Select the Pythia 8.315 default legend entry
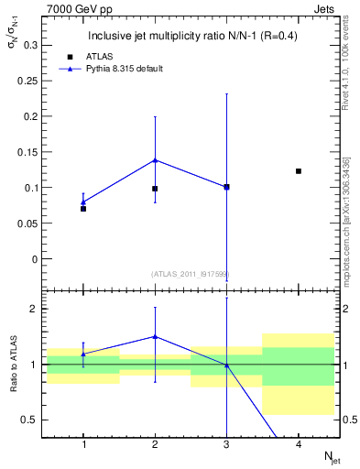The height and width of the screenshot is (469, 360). pos(115,68)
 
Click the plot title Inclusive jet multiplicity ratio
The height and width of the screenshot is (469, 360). pos(191,37)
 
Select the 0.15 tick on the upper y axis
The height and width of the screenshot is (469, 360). pos(27,152)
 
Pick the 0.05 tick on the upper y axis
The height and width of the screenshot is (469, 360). pos(27,224)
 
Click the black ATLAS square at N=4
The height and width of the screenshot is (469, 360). pos(299,171)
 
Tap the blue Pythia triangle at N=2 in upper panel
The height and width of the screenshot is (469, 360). pos(155,159)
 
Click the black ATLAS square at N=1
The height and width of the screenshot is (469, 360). pos(83,209)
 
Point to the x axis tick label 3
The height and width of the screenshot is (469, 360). pos(226,444)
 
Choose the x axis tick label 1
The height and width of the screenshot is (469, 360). pos(83,444)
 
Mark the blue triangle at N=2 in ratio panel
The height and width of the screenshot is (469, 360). pos(155,336)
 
